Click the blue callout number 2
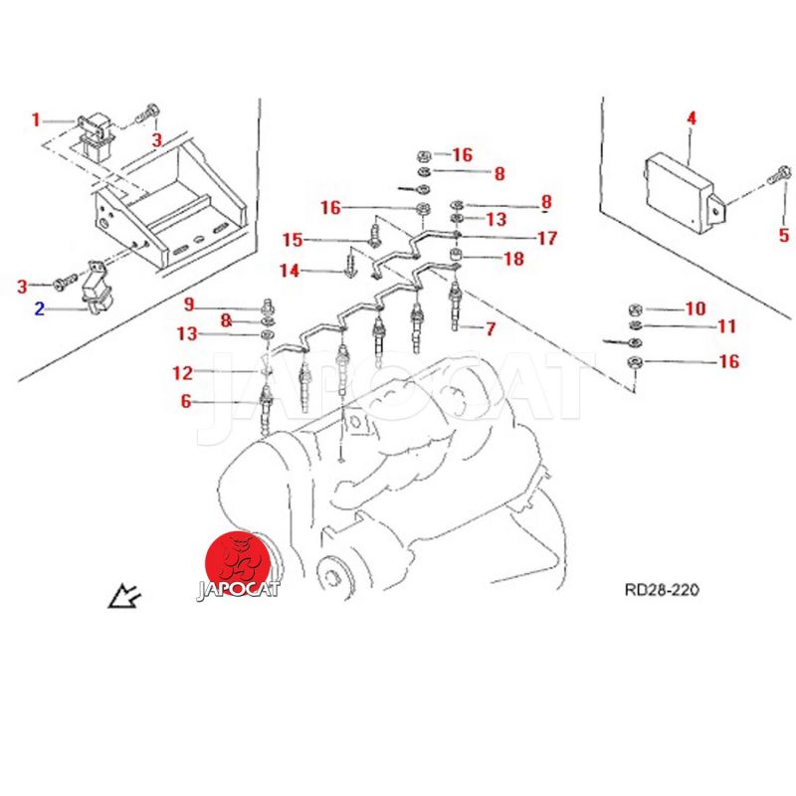tap(40, 308)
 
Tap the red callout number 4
tap(692, 118)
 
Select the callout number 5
tap(784, 235)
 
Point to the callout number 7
tap(490, 329)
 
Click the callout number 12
tap(183, 373)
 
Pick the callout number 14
tap(290, 271)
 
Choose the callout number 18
tap(513, 259)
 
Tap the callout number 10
tap(696, 308)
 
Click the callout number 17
tap(547, 238)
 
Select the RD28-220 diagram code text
tap(662, 590)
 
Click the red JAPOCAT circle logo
tap(238, 563)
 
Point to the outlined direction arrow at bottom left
tap(125, 596)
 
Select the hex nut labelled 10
tap(636, 308)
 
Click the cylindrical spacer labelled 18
tap(457, 254)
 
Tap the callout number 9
tap(189, 304)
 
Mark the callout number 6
tap(186, 401)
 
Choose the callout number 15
tap(293, 240)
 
